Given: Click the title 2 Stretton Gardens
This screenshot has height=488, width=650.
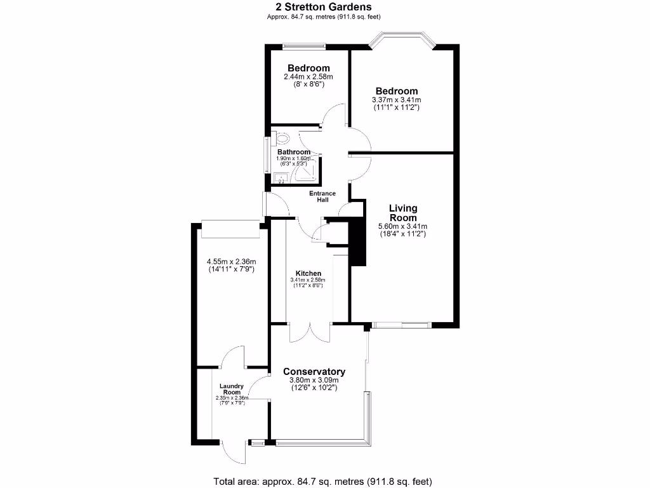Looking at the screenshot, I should pyautogui.click(x=323, y=8).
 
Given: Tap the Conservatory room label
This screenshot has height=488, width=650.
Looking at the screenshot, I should pyautogui.click(x=314, y=372).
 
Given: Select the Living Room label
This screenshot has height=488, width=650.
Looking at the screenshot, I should pyautogui.click(x=403, y=213).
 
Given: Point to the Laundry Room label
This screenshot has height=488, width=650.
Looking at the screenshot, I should pyautogui.click(x=232, y=389).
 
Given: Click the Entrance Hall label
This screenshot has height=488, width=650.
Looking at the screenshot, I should pyautogui.click(x=322, y=196).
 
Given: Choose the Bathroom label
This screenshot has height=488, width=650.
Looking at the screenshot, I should pyautogui.click(x=294, y=152).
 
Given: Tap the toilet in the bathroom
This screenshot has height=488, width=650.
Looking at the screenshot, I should pyautogui.click(x=282, y=137).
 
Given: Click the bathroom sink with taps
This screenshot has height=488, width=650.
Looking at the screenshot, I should pyautogui.click(x=280, y=178).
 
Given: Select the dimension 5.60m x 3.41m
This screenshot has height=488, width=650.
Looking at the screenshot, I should pyautogui.click(x=403, y=226).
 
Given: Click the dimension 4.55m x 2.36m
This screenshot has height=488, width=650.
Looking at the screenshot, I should pyautogui.click(x=231, y=261).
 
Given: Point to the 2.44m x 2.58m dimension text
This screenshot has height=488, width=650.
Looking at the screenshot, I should pyautogui.click(x=308, y=77).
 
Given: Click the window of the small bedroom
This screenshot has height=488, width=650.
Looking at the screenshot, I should pyautogui.click(x=304, y=45).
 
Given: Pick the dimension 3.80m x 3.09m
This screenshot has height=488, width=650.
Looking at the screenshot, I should pyautogui.click(x=314, y=383).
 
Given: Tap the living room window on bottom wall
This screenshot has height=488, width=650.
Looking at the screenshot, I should pyautogui.click(x=401, y=325).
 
